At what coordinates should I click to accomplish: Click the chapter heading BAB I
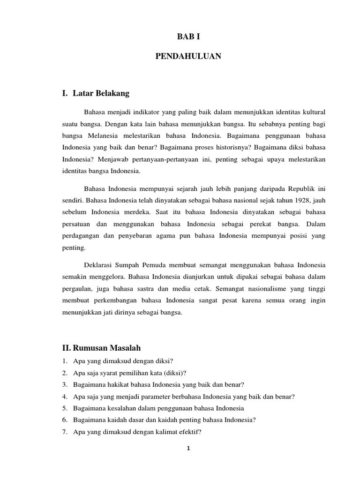point(188,36)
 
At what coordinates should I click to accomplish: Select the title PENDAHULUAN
point(188,56)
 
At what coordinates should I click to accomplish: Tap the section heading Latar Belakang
point(101,93)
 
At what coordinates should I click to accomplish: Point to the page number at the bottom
point(188,448)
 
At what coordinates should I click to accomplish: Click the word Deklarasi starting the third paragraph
point(99,265)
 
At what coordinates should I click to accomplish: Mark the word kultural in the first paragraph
point(313,112)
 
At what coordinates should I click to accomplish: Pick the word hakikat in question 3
point(114,384)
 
